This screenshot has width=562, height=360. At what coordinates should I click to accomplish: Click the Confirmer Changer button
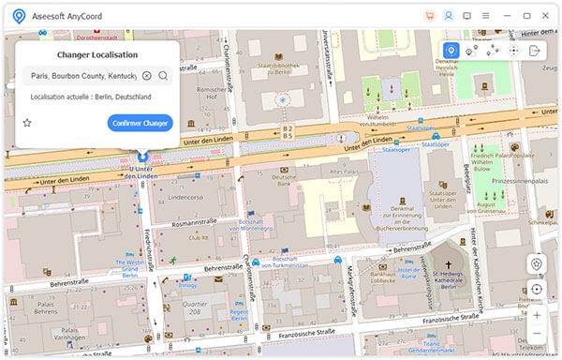pyautogui.click(x=140, y=123)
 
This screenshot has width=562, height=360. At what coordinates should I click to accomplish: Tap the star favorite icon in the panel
pyautogui.click(x=27, y=123)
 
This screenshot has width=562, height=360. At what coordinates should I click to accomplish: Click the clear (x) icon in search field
pyautogui.click(x=147, y=75)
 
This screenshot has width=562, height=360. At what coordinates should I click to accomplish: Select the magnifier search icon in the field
pyautogui.click(x=163, y=75)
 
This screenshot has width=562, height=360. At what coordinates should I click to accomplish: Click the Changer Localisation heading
pyautogui.click(x=97, y=55)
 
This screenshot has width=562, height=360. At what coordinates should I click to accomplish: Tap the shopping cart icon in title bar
pyautogui.click(x=430, y=15)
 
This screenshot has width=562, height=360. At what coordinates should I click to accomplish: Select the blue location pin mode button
pyautogui.click(x=451, y=51)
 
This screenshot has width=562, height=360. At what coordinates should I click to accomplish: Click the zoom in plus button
pyautogui.click(x=536, y=315)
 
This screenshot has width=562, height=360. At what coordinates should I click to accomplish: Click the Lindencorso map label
pyautogui.click(x=187, y=198)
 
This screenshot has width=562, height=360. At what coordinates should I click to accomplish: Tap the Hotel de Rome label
pyautogui.click(x=409, y=273)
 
